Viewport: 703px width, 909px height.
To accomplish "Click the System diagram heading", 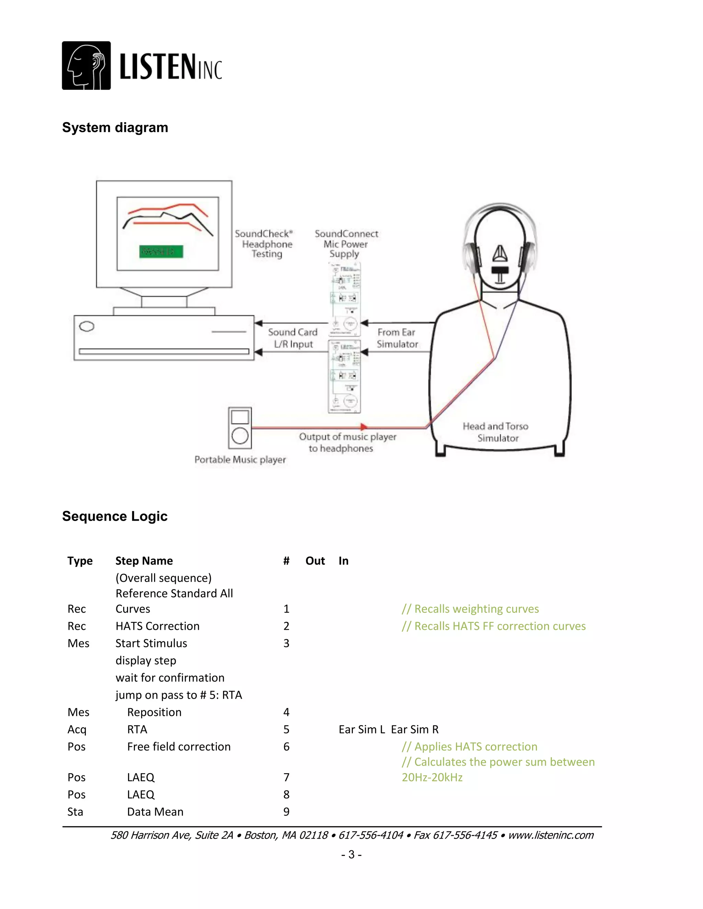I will pos(115,127).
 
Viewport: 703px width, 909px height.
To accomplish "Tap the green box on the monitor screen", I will pos(161,251).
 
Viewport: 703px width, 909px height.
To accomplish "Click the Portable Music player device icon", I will pos(240,427).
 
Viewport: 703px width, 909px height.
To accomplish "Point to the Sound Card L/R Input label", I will pos(293,338).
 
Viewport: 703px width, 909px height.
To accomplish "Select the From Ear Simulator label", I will pos(397,338).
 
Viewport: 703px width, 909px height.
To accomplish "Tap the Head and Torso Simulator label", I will pos(496,432).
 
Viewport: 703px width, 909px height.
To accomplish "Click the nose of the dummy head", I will pos(500,252).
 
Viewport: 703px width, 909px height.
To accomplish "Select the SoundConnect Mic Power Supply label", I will pos(346,244).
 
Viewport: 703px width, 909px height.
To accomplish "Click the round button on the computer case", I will pos(87,326).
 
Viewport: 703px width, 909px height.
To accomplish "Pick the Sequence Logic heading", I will pos(115,516).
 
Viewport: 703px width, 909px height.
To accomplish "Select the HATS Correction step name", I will pos(158,626).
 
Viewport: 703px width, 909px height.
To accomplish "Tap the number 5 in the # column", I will pos(286,729).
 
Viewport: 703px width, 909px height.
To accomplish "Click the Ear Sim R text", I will pos(415,729).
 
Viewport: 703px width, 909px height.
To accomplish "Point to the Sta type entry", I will pos(76,812).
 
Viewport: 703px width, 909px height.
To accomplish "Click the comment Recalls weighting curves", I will pos(470,609).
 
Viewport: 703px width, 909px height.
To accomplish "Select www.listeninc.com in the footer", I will pos(551,835).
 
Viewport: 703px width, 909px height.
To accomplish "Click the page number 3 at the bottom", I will pos(351,854).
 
